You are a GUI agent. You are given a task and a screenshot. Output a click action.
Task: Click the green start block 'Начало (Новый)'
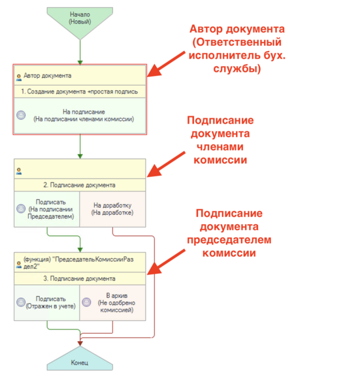(x=80, y=18)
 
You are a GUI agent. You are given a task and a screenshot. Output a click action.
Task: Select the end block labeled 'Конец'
(x=80, y=361)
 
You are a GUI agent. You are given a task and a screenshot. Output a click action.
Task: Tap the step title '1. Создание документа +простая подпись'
(x=80, y=91)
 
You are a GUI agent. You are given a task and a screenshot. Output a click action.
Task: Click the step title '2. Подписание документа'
(x=80, y=185)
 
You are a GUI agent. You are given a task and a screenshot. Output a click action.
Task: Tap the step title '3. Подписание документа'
(x=80, y=279)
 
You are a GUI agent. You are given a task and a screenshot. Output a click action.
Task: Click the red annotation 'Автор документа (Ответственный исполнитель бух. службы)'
(x=237, y=49)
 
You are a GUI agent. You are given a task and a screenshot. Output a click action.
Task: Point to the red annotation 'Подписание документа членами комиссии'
(x=220, y=140)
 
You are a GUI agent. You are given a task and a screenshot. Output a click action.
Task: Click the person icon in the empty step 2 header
(x=20, y=171)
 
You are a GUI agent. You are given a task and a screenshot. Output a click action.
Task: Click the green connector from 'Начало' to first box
(x=80, y=48)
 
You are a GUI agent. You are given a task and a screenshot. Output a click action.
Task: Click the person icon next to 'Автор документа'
(x=20, y=76)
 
